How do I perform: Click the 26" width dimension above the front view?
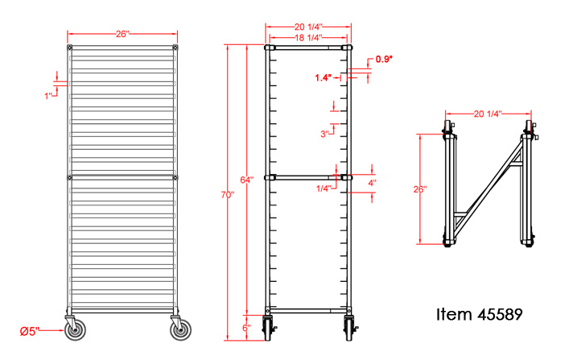(122, 34)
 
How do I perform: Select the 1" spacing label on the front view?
(49, 95)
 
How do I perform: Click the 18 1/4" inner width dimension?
(309, 37)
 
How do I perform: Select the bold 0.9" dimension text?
(384, 60)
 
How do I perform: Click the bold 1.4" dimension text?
(324, 78)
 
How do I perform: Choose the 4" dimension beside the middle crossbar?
(372, 183)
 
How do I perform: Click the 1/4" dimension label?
(324, 188)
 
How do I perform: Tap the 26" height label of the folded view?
(421, 190)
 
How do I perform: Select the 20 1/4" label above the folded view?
(489, 114)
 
